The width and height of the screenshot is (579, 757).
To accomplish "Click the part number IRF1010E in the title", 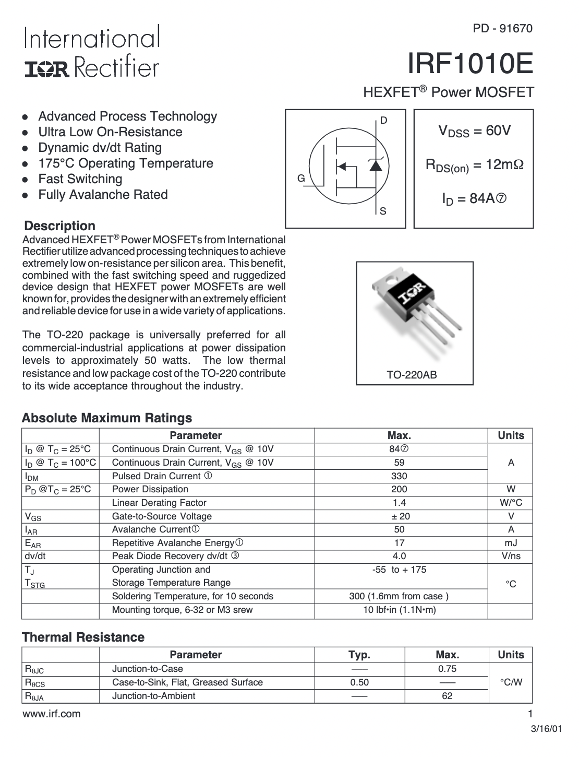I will click(470, 65).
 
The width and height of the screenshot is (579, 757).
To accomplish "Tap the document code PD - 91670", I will click(503, 29).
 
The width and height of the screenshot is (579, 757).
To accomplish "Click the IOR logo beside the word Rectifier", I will click(47, 68).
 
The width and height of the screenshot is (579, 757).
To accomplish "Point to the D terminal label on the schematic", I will click(383, 121).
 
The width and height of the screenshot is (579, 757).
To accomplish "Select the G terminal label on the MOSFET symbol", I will click(301, 179).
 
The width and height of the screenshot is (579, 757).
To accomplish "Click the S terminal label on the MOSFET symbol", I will click(383, 211).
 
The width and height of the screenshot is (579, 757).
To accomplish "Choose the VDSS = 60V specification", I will click(474, 131).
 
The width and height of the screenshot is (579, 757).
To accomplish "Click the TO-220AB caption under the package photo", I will click(412, 375).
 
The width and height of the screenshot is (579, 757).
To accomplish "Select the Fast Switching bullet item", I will click(80, 179).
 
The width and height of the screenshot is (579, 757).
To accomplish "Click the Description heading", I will click(60, 226).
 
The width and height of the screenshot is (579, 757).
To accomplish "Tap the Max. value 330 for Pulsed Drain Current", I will click(399, 476).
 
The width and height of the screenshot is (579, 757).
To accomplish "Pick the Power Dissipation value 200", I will click(399, 489).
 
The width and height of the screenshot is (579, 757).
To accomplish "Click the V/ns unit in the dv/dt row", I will click(511, 556).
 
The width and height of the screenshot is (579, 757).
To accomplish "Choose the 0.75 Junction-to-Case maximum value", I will click(447, 669).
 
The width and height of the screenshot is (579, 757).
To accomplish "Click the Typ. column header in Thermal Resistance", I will click(359, 655).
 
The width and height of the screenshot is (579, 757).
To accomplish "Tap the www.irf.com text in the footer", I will click(52, 714).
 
